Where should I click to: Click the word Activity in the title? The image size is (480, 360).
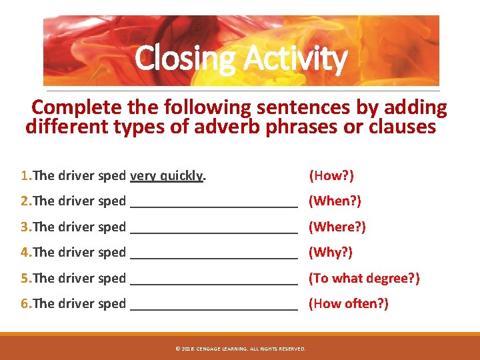point(294,59)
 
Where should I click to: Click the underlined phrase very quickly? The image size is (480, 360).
point(167,176)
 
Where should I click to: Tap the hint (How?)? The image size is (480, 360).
point(331,176)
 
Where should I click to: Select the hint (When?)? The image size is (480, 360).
point(334,201)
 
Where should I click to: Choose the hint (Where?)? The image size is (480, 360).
point(337,227)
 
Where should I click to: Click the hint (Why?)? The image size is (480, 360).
point(330,252)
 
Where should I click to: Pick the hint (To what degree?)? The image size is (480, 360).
point(363,278)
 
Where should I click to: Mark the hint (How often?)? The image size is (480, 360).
point(348,303)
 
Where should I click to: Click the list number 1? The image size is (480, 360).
point(25,176)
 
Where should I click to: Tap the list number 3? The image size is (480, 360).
point(25,227)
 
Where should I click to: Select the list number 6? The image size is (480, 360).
point(25,303)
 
